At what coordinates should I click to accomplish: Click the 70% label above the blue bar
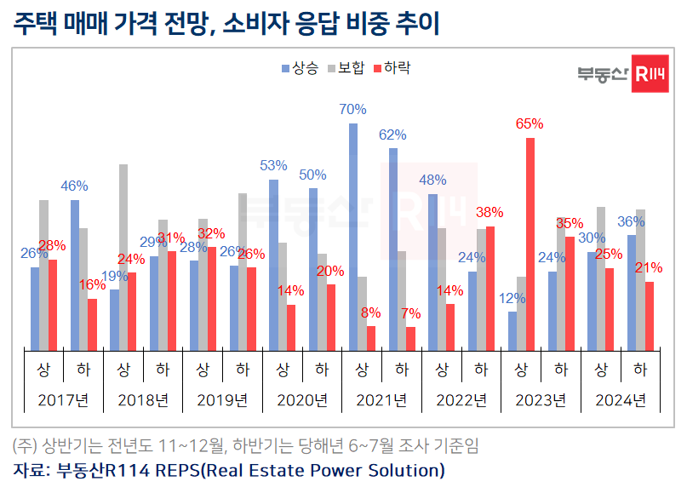coord(352,109)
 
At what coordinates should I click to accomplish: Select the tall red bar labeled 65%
coord(530,243)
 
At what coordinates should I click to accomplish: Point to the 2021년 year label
coord(381,399)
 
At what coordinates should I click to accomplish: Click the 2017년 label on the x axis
coord(63,399)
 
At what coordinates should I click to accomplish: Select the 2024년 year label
coord(620,399)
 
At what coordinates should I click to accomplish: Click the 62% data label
coord(392,135)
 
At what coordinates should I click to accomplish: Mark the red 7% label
coord(411,312)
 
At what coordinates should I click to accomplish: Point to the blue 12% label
coord(512,298)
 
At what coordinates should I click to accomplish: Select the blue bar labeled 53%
coord(273,264)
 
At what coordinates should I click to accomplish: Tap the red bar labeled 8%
coord(371,337)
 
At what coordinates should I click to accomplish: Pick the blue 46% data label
coord(74,186)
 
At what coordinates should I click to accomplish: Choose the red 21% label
coord(650,267)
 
